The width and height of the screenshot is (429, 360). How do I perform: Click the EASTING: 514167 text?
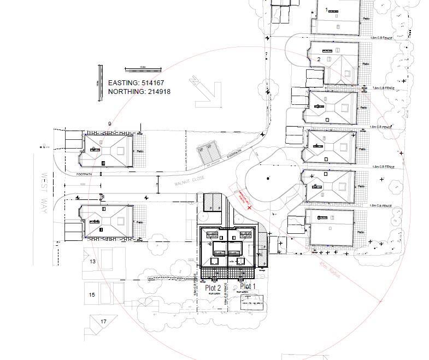[x=136, y=82]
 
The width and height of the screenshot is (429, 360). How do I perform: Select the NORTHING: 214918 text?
[x=139, y=92]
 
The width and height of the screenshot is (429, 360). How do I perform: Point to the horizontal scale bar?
[x=143, y=69]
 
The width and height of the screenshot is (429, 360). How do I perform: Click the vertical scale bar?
[x=101, y=82]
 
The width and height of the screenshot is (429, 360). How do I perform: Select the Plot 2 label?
[x=213, y=287]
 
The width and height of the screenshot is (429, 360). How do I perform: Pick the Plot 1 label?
[x=248, y=287]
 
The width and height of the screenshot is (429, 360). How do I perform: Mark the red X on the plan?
[x=250, y=208]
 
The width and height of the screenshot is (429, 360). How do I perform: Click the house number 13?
[x=92, y=262]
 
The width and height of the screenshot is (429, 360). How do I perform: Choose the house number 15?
[x=92, y=295]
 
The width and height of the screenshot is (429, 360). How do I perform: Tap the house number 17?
[x=103, y=322]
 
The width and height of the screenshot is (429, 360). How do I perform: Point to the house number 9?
[x=110, y=124]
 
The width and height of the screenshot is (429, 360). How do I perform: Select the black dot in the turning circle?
[x=267, y=179]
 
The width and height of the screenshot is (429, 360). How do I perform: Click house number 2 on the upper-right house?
[x=319, y=59]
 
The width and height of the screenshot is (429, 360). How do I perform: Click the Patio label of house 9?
[x=139, y=151]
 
